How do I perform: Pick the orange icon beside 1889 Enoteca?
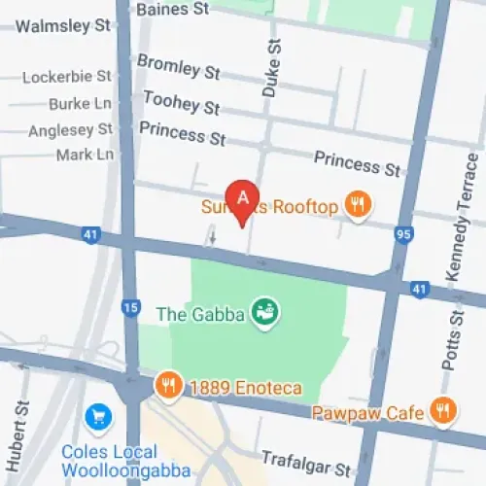click(168, 386)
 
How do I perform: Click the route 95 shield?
click(403, 234)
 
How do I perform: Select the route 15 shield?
click(129, 308)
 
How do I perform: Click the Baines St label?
click(173, 9)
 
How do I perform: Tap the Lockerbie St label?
click(67, 77)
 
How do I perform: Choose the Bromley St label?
click(178, 66)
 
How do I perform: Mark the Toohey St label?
click(181, 101)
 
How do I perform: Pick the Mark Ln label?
click(85, 155)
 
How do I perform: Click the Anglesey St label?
click(70, 129)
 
